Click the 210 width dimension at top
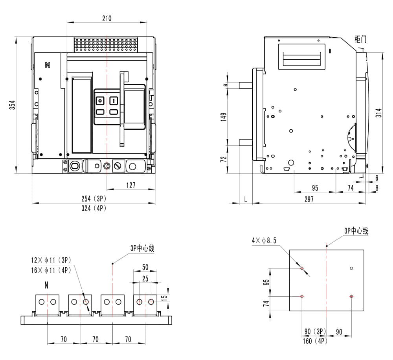(x=107, y=18)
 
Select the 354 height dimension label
(x=12, y=105)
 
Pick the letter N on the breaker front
(x=48, y=65)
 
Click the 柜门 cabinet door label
(x=360, y=39)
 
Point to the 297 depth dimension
(x=309, y=199)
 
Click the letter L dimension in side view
(x=246, y=199)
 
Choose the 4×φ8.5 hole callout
(x=264, y=240)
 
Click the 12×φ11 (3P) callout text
(x=51, y=260)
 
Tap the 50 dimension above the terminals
(x=145, y=267)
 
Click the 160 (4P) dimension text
(x=314, y=341)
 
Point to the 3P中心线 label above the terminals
(x=142, y=248)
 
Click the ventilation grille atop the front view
(x=106, y=45)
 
